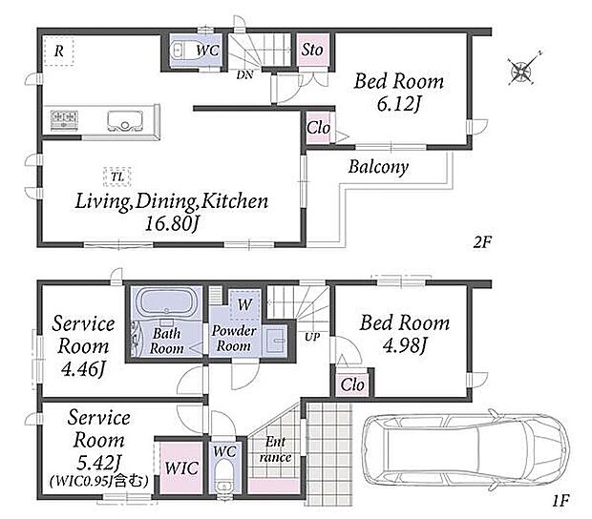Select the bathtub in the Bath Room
pos(166,301)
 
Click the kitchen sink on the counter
pos(125,120)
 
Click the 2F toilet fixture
pos(182,51)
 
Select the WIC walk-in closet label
pos(181,468)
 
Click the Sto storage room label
pos(312,50)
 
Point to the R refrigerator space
pos(58,51)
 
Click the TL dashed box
pos(117,176)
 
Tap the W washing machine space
pos(245,304)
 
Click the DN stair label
pos(244,75)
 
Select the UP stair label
pos(312,337)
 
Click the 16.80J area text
pos(172,224)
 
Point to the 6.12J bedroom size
pos(398,105)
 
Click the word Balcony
pos(378,167)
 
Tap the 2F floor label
pos(482,242)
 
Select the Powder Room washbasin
pos(275,341)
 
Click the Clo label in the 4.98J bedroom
pos(352,385)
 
